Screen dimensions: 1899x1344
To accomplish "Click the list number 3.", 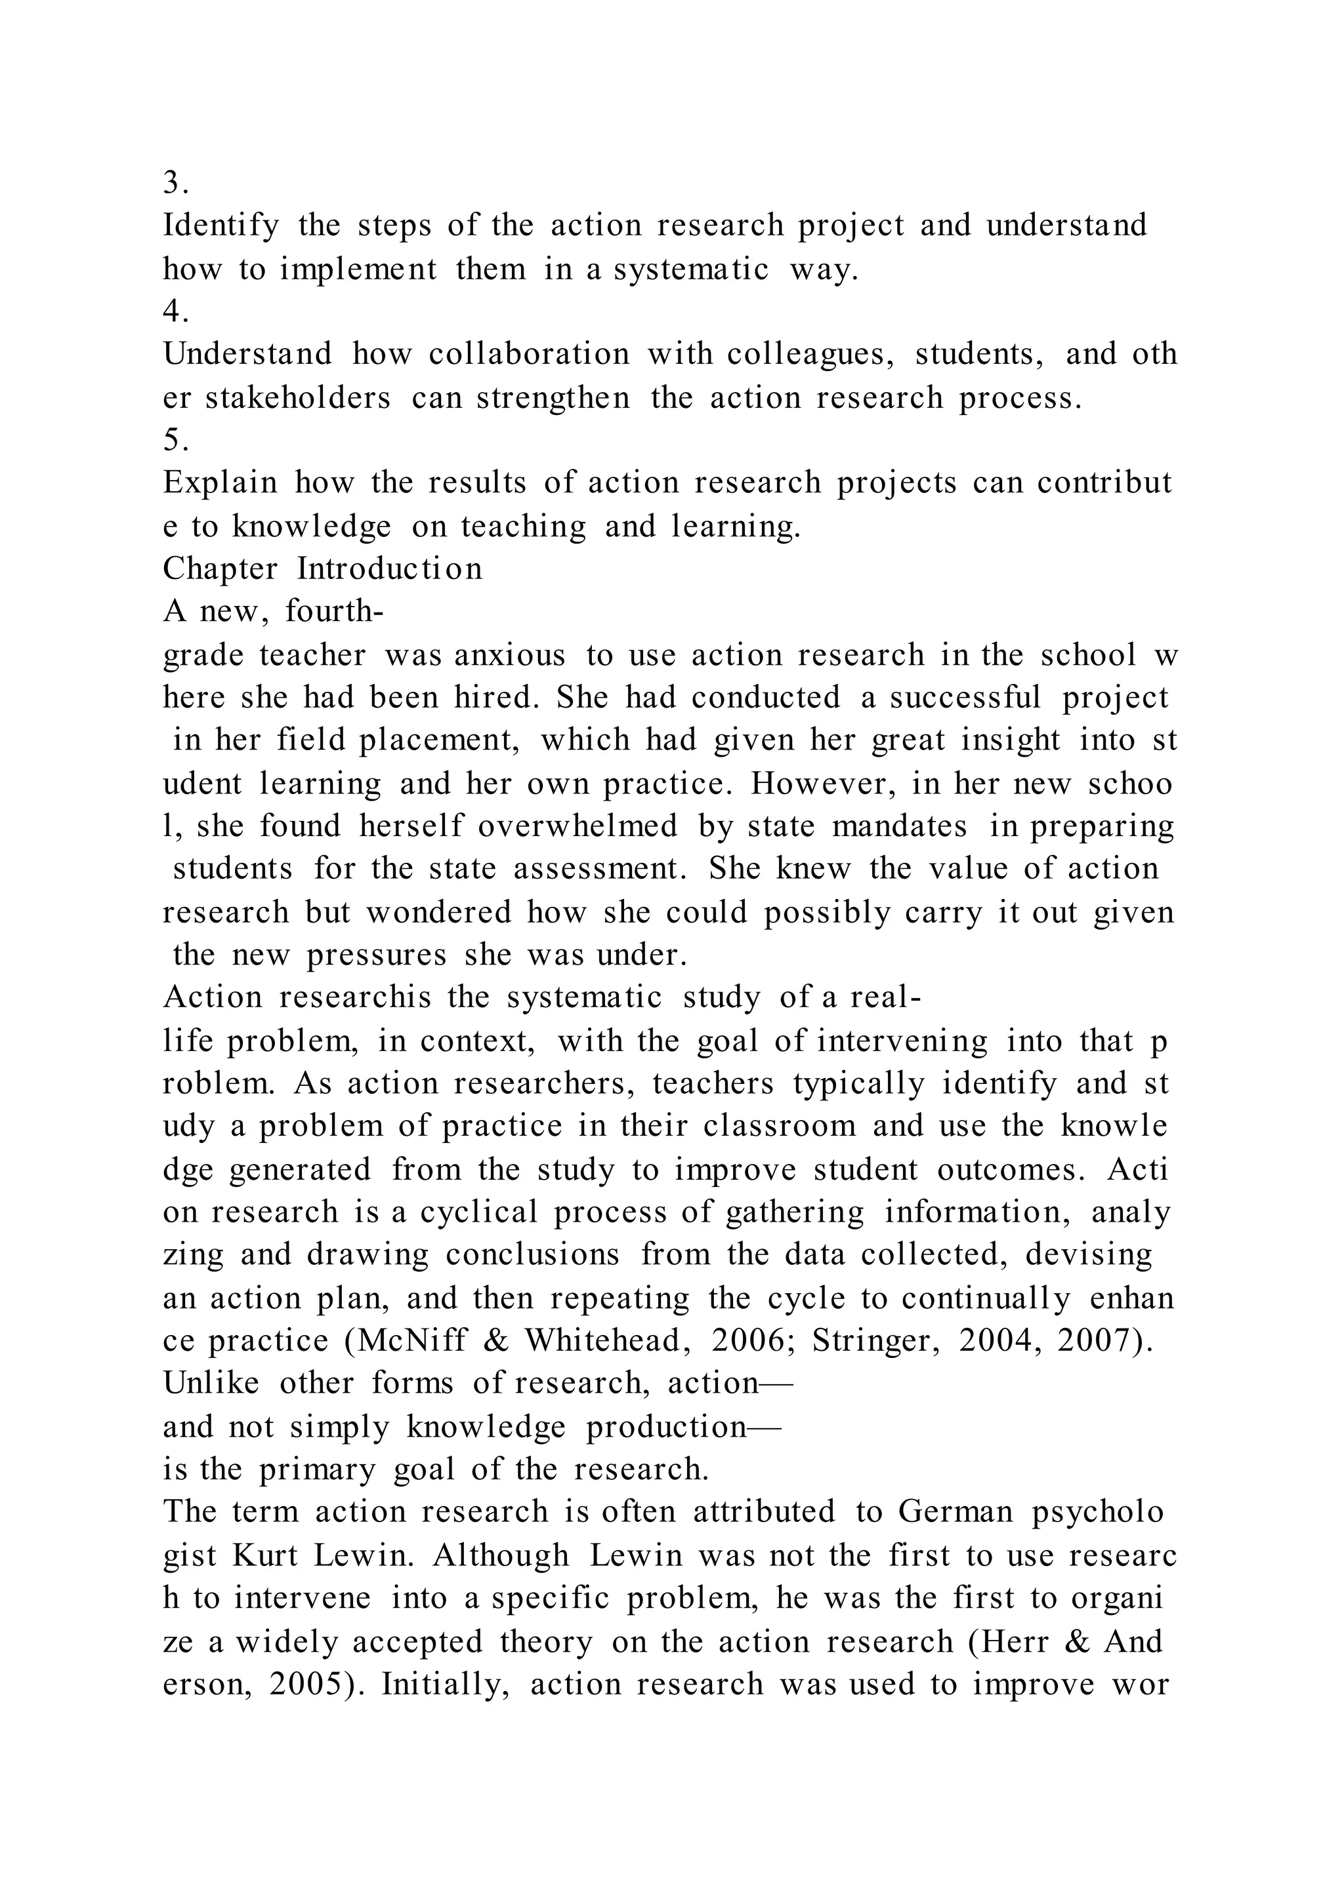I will point(175,183).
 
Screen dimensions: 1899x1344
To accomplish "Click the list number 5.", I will point(175,440).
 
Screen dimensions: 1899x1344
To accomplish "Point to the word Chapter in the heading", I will point(219,569).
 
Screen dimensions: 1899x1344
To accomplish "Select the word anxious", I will point(509,655).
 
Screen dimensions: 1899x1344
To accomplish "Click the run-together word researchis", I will point(355,997).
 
